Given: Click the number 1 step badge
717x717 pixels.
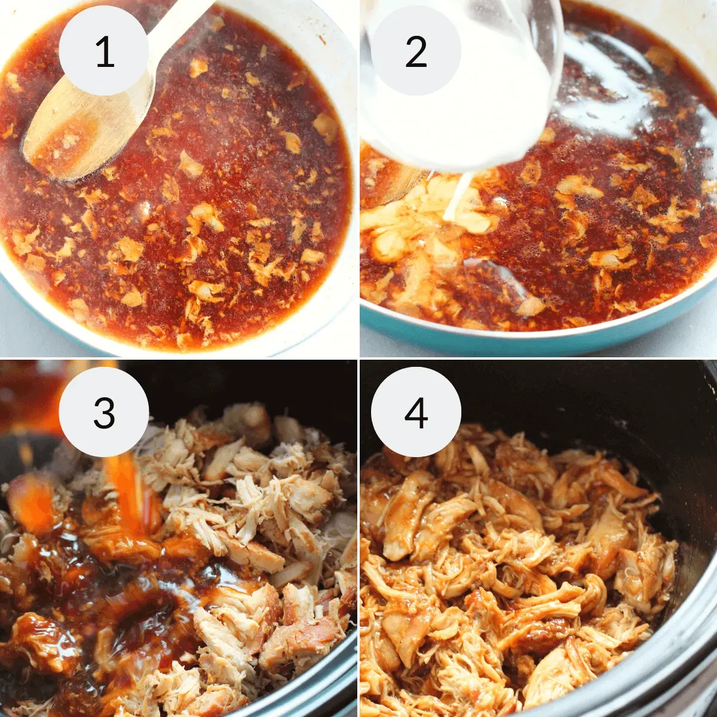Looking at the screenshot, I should coord(104,51).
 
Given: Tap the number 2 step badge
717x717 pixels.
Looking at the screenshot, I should coord(416,51).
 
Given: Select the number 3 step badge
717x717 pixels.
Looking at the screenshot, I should coord(104,412).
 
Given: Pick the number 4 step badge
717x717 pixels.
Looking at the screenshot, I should coord(416,412).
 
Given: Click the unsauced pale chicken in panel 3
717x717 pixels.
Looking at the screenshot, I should coord(269,496).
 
